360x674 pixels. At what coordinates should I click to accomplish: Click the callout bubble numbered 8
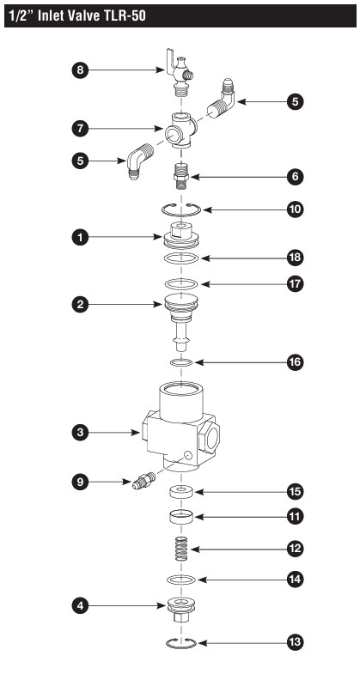[x=80, y=70]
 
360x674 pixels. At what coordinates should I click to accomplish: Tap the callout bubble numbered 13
[x=295, y=642]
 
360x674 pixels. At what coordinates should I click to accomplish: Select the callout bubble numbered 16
[x=295, y=362]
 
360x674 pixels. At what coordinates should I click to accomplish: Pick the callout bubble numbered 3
[x=80, y=433]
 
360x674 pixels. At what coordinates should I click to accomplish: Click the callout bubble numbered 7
[x=80, y=128]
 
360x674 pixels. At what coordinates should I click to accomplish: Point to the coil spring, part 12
[x=181, y=549]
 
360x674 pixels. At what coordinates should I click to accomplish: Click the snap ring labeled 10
[x=181, y=215]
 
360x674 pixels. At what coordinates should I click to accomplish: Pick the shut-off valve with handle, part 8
[x=179, y=75]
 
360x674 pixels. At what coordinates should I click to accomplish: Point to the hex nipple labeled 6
[x=180, y=176]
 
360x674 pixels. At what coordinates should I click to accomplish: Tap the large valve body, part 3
[x=180, y=427]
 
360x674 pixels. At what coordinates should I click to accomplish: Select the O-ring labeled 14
[x=181, y=580]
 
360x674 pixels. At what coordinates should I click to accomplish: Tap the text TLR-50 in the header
[x=113, y=16]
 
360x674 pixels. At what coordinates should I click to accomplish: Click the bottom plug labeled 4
[x=181, y=610]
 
